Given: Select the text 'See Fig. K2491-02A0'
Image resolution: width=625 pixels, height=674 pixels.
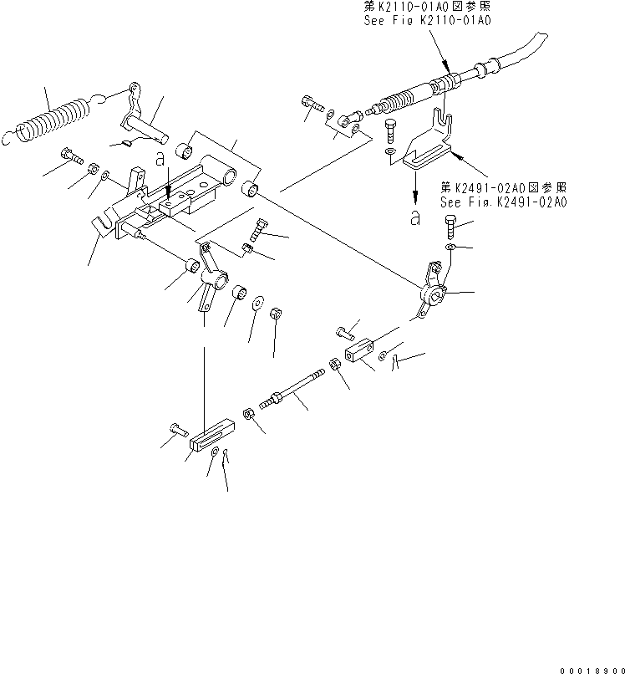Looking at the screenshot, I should [503, 202].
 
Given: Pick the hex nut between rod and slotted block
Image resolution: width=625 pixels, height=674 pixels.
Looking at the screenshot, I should [249, 414].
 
